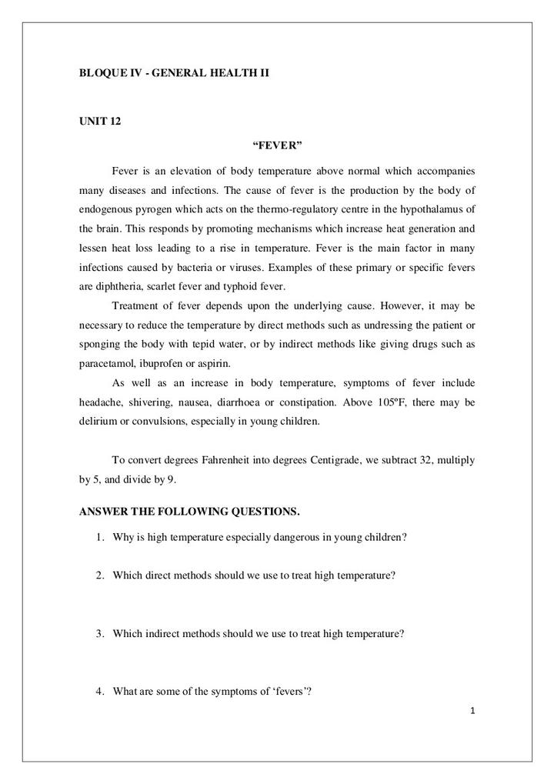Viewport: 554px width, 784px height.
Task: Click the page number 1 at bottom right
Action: click(x=472, y=711)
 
